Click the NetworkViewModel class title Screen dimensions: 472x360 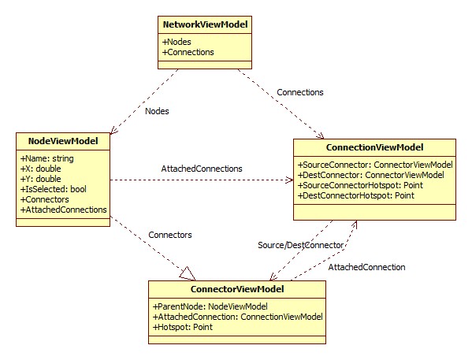(205, 24)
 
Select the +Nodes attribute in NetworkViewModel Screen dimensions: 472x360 (177, 42)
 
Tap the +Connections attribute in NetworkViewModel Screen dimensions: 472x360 (188, 52)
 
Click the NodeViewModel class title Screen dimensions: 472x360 (63, 141)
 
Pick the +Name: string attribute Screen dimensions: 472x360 (47, 158)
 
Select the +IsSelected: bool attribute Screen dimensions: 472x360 (54, 189)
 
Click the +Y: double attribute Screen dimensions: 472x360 (41, 179)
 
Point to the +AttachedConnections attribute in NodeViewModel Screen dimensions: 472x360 (64, 210)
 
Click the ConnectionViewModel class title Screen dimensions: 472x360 (375, 147)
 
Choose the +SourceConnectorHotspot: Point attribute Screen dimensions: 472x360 (360, 185)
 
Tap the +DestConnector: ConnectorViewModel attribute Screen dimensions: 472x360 (371, 175)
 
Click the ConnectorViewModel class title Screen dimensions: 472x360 (237, 289)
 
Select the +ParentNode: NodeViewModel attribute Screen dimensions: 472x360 (210, 306)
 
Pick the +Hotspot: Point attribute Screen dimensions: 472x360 (183, 327)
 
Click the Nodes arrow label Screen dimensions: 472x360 (157, 111)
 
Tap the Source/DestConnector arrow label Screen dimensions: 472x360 (300, 245)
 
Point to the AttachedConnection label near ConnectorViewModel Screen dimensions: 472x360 (366, 267)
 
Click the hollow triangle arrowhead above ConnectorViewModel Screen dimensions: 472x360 (188, 273)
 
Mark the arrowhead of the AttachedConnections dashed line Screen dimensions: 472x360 (289, 180)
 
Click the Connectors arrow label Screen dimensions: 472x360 (170, 235)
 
